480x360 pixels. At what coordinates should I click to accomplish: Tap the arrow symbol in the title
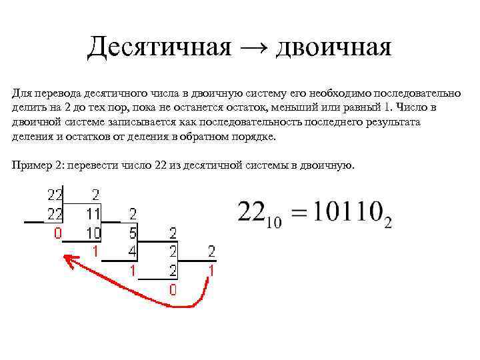click(x=251, y=47)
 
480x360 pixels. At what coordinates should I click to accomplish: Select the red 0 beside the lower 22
click(x=57, y=234)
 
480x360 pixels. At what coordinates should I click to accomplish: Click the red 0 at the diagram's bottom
click(x=173, y=290)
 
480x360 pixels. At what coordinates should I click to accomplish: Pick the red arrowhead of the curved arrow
click(x=67, y=259)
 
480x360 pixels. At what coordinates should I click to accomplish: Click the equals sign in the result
click(x=300, y=213)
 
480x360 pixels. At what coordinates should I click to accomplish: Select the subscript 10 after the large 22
click(x=274, y=223)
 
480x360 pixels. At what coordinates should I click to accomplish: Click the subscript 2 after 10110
click(x=387, y=223)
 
